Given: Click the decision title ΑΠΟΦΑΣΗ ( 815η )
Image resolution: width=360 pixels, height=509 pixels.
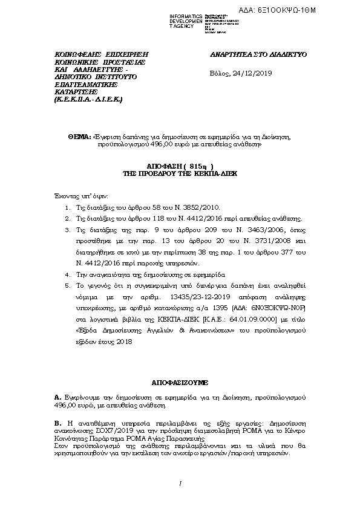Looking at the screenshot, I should pos(180,165).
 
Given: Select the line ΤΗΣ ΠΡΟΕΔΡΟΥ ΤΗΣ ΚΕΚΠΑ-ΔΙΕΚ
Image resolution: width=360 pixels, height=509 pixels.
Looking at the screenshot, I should pos(180,172).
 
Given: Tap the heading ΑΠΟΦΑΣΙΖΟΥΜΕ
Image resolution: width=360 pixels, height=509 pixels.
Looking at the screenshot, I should pos(180,383).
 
